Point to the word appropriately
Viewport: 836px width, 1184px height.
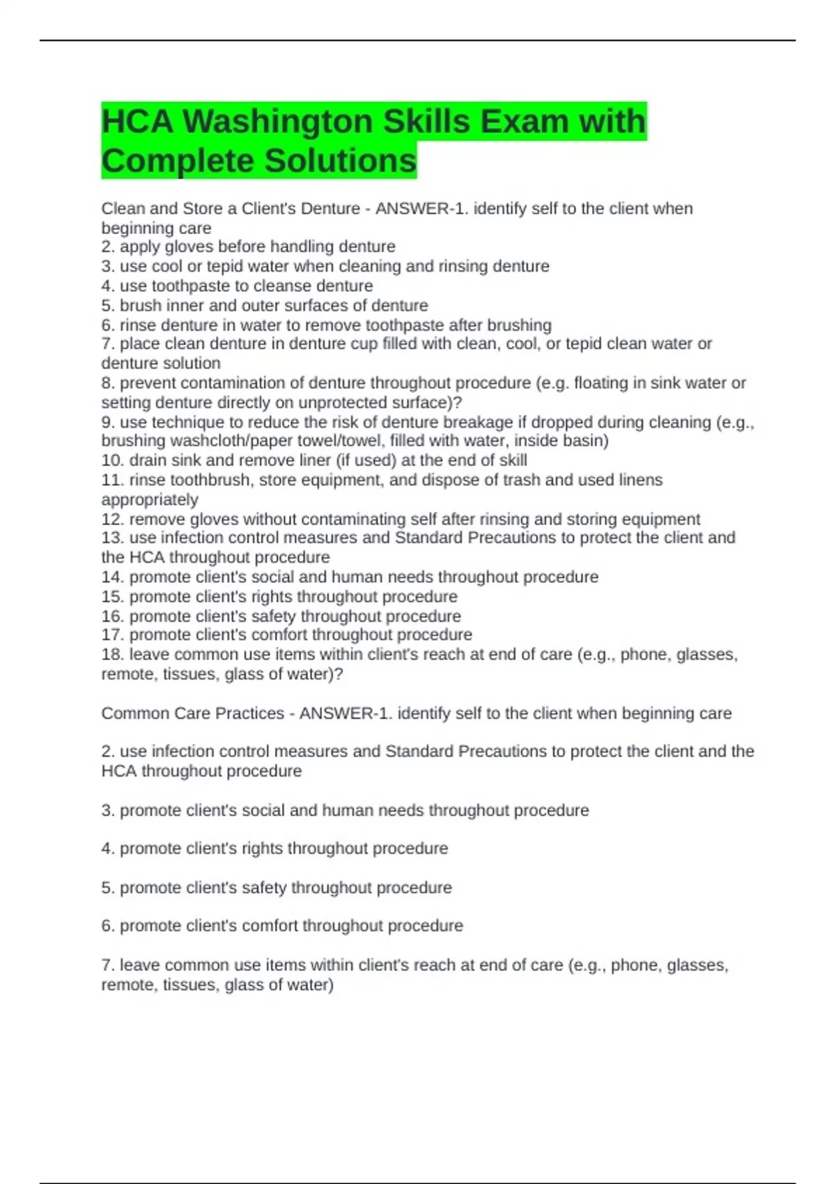(150, 499)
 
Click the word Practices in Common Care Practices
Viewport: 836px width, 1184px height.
(250, 714)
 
